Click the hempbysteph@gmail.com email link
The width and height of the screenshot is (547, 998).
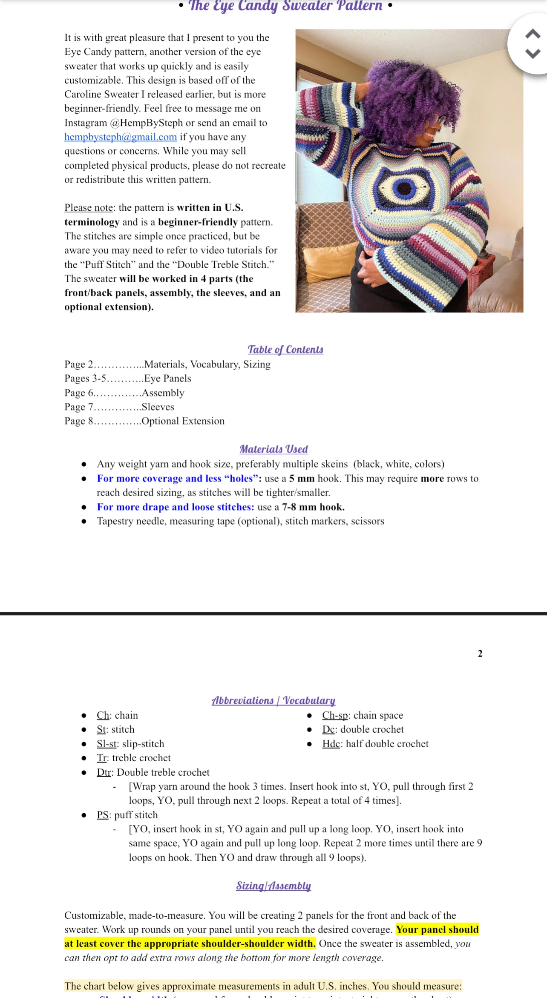coord(120,137)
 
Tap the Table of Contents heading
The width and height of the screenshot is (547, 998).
coord(285,350)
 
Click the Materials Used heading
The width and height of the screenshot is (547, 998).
coord(273,449)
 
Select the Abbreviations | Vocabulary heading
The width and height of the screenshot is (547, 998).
coord(273,700)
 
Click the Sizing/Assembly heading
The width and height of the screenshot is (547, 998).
coord(273,886)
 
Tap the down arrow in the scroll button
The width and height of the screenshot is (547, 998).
coord(533,53)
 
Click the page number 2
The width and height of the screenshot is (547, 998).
coord(480,654)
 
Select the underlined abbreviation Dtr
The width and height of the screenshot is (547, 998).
coord(104,772)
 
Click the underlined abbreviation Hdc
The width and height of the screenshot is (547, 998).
coord(331,744)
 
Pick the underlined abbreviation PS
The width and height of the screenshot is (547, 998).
coord(102,815)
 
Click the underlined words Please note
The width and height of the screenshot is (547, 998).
coord(89,208)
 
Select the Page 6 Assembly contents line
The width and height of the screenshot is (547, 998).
coord(124,393)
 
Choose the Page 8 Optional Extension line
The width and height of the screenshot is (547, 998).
coord(144,421)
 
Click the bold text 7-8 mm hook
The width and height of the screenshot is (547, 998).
coord(313,507)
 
